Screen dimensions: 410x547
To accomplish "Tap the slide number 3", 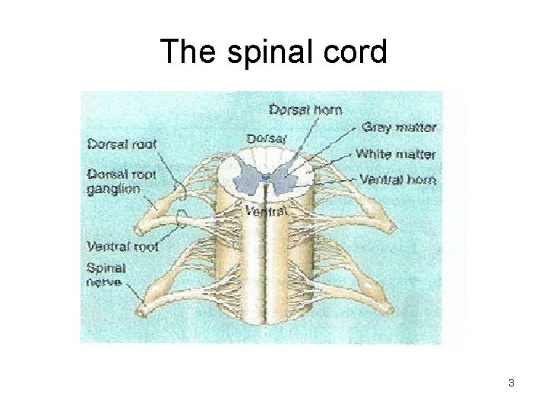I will (x=511, y=383).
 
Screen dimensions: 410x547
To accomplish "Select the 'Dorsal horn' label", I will (x=306, y=109).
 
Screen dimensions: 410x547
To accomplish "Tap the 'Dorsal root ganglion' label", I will (x=122, y=181).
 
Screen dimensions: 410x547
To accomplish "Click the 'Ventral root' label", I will (x=122, y=245).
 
